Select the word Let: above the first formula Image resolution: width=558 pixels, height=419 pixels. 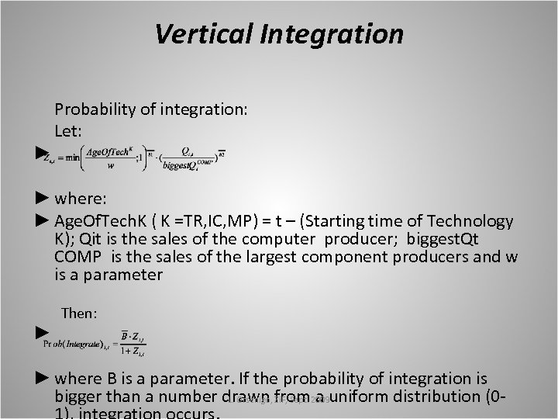tap(68, 130)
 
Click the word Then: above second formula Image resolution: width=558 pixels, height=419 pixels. tap(79, 313)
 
